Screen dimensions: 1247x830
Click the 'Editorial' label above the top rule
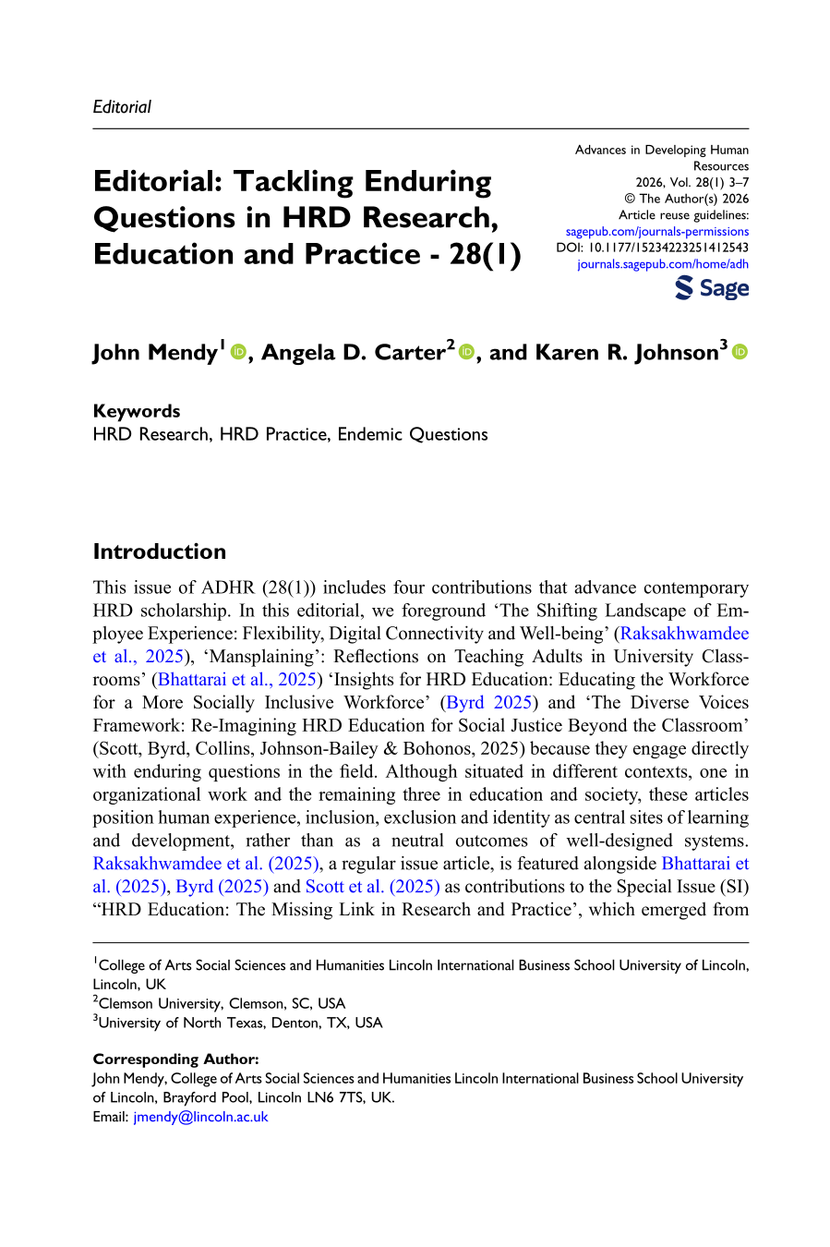[122, 107]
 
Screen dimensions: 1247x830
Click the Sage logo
[712, 288]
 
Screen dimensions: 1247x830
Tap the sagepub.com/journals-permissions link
[656, 232]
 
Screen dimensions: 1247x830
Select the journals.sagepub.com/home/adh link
[662, 264]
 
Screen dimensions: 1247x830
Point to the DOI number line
[652, 248]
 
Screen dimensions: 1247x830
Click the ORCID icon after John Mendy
[238, 352]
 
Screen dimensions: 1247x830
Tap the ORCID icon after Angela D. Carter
[466, 352]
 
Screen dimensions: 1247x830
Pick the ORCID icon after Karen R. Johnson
[740, 352]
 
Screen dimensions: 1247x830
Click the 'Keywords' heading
[137, 411]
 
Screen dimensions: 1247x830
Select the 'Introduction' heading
[160, 551]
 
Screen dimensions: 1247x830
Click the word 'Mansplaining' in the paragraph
[259, 657]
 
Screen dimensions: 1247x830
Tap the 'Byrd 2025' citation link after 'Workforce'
[489, 703]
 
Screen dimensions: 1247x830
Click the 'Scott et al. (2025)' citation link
[372, 887]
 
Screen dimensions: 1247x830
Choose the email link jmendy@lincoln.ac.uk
[200, 1117]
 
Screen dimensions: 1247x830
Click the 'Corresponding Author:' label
[175, 1059]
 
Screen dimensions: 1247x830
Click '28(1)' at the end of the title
[486, 254]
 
